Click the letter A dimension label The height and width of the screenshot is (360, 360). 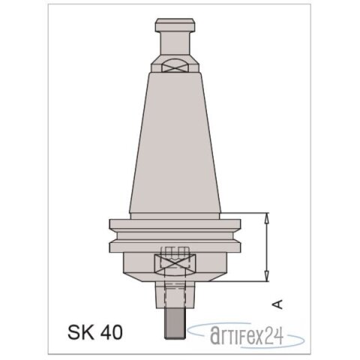click(x=277, y=304)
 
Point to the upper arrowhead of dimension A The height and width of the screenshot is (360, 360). click(x=266, y=217)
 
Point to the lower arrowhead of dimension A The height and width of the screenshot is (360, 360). click(x=266, y=277)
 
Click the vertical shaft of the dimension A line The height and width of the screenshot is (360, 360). click(x=266, y=247)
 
